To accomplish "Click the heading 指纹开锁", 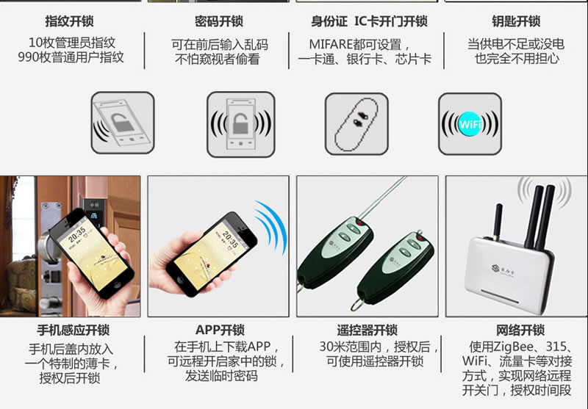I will [69, 21].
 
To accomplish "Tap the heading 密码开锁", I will [218, 21].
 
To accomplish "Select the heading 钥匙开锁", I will [516, 21].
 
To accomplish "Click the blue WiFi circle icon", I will [470, 124].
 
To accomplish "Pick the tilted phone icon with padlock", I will [123, 123].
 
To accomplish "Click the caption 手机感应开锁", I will [73, 330].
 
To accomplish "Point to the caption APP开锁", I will [220, 330].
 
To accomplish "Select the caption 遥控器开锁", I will [367, 330].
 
